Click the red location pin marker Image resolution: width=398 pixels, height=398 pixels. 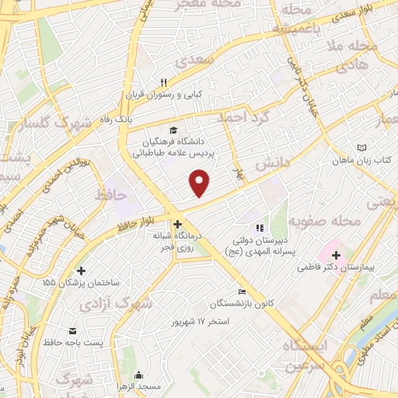pos(200,183)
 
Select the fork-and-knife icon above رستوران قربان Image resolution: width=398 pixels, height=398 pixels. pos(163,82)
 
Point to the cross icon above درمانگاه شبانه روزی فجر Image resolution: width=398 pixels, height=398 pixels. pos(178,223)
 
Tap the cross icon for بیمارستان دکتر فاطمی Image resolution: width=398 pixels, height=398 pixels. pos(336,254)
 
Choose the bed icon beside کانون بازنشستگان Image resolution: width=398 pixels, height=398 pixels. pos(243,292)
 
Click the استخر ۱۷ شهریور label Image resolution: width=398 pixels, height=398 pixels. pos(203,321)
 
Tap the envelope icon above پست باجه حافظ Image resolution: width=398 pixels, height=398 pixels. pos(73,330)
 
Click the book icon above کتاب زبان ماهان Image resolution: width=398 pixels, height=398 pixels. pos(361,147)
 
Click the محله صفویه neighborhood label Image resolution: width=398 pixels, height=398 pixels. pos(334,222)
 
